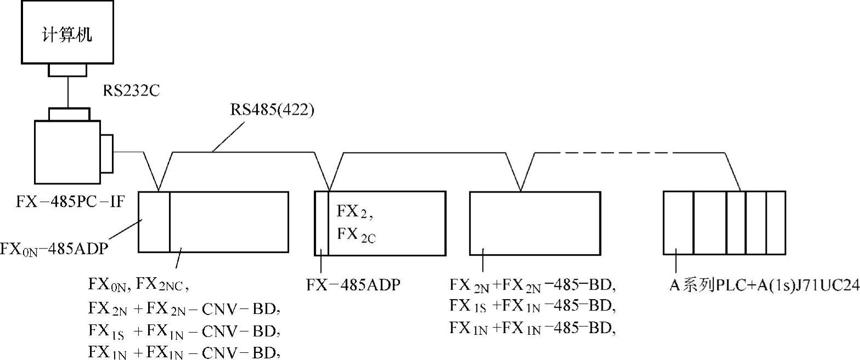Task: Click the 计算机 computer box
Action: click(67, 32)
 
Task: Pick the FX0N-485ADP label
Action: click(53, 249)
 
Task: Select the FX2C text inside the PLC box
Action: click(356, 235)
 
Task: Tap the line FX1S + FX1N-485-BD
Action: click(530, 306)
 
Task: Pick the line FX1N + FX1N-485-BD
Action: click(530, 328)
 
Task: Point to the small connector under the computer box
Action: click(67, 70)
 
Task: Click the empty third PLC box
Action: click(535, 222)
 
